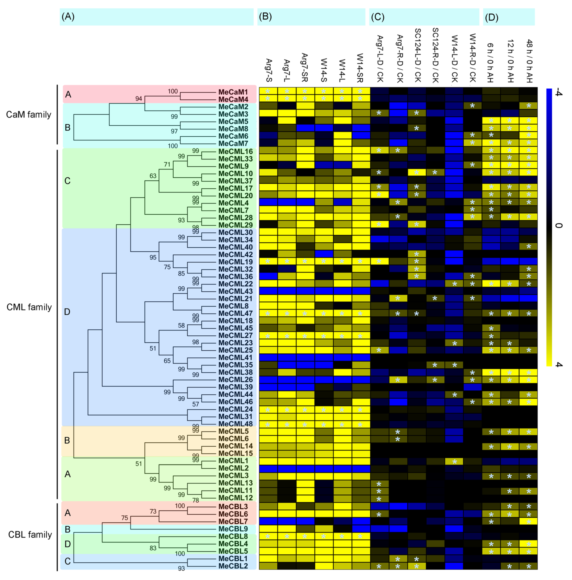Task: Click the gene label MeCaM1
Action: point(233,92)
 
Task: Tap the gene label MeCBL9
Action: point(233,529)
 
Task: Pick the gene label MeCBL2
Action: point(233,566)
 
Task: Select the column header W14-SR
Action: point(360,68)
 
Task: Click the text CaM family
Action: point(29,115)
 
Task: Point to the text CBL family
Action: point(30,535)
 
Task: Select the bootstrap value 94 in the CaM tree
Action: point(138,99)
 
